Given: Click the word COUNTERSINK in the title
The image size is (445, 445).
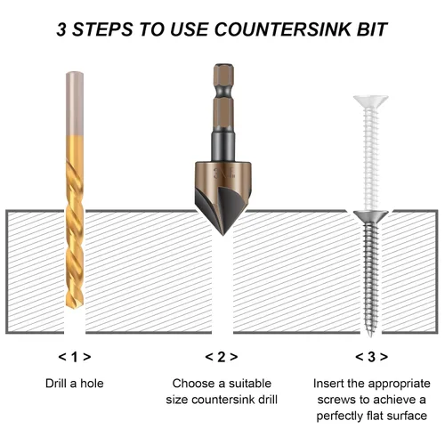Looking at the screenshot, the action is click(282, 29).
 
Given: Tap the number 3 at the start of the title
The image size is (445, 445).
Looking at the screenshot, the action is click(61, 29).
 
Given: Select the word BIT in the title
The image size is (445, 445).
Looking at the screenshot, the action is click(372, 29).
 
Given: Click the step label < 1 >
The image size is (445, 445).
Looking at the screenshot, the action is click(75, 357).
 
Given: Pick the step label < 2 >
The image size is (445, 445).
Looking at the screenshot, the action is click(222, 357).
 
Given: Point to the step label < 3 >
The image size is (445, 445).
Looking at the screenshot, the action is click(371, 357).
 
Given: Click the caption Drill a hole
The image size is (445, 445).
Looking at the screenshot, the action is click(75, 384).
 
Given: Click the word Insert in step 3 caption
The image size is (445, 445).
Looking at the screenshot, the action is click(328, 384).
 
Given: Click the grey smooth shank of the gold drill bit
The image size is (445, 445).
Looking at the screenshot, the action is click(75, 103).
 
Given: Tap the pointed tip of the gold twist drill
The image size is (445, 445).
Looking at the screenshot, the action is click(74, 307).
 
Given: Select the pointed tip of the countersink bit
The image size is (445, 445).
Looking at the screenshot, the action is click(223, 234).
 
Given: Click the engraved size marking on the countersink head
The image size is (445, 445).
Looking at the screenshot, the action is click(224, 174).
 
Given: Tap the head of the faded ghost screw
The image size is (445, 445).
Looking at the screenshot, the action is click(371, 101).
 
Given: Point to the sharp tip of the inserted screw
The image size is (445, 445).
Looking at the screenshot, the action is click(370, 335).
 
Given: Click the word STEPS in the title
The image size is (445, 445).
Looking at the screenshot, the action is click(102, 29).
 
